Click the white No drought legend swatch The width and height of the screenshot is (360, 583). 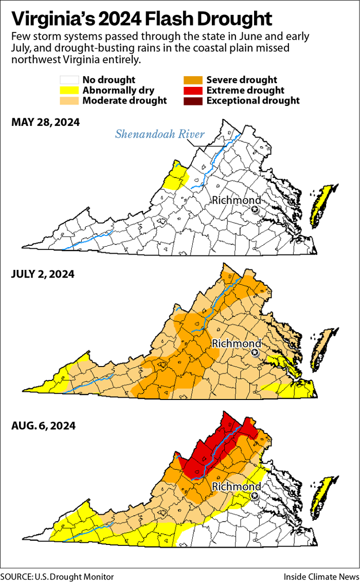pos(69,80)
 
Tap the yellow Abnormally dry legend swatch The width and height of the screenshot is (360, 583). pos(69,90)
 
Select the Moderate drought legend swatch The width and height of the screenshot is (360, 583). pos(69,101)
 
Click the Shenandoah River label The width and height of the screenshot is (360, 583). pos(159,135)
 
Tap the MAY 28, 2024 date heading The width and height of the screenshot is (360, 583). pos(45,123)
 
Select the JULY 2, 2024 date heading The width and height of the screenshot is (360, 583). pos(43,274)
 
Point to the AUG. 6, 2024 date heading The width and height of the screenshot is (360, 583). pos(43,426)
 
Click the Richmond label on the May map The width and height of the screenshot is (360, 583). pos(236,200)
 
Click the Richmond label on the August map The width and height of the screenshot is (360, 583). pos(236,486)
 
